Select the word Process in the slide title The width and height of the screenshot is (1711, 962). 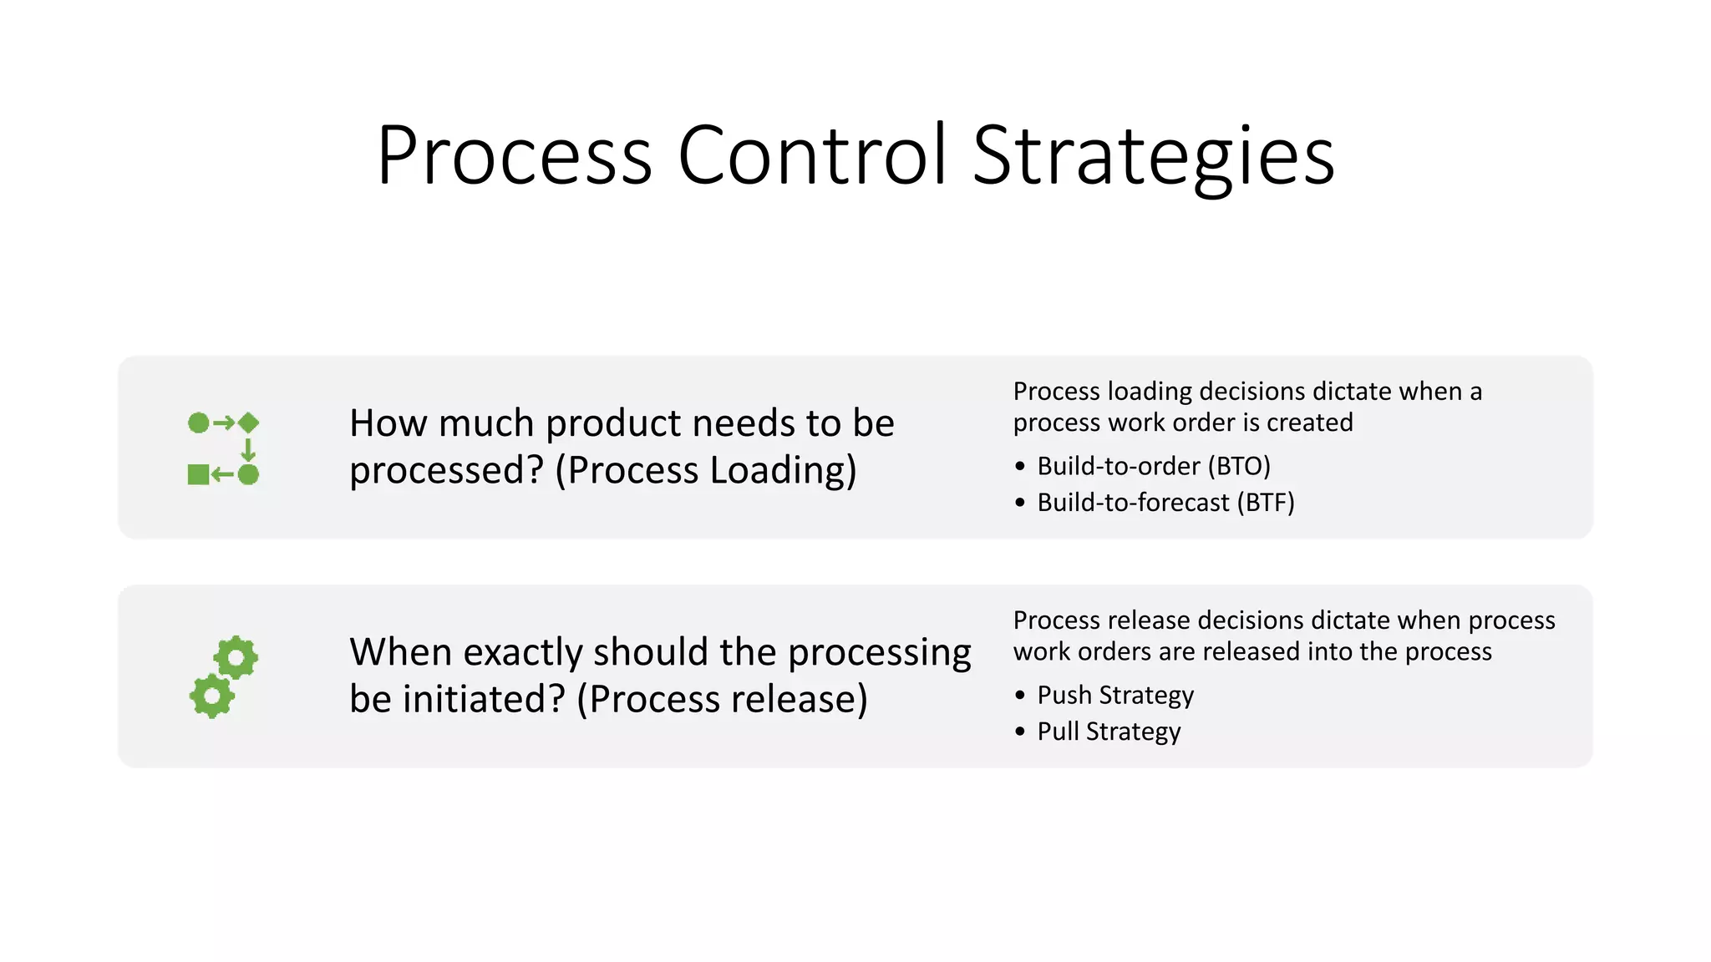point(514,155)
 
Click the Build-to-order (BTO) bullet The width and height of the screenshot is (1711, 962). point(1153,466)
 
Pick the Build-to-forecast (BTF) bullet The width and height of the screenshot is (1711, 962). point(1165,503)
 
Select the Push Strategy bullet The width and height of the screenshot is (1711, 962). point(1115,695)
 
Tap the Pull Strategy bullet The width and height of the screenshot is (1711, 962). point(1109,732)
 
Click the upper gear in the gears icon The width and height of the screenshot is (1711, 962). point(236,658)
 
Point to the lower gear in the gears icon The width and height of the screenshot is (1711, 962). point(211,696)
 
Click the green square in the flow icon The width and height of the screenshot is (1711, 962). point(198,475)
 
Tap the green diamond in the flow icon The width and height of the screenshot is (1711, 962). point(249,423)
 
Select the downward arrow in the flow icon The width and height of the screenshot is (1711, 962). point(248,449)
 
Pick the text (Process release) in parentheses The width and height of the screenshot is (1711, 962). point(722,699)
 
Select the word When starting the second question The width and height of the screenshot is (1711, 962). point(401,652)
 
